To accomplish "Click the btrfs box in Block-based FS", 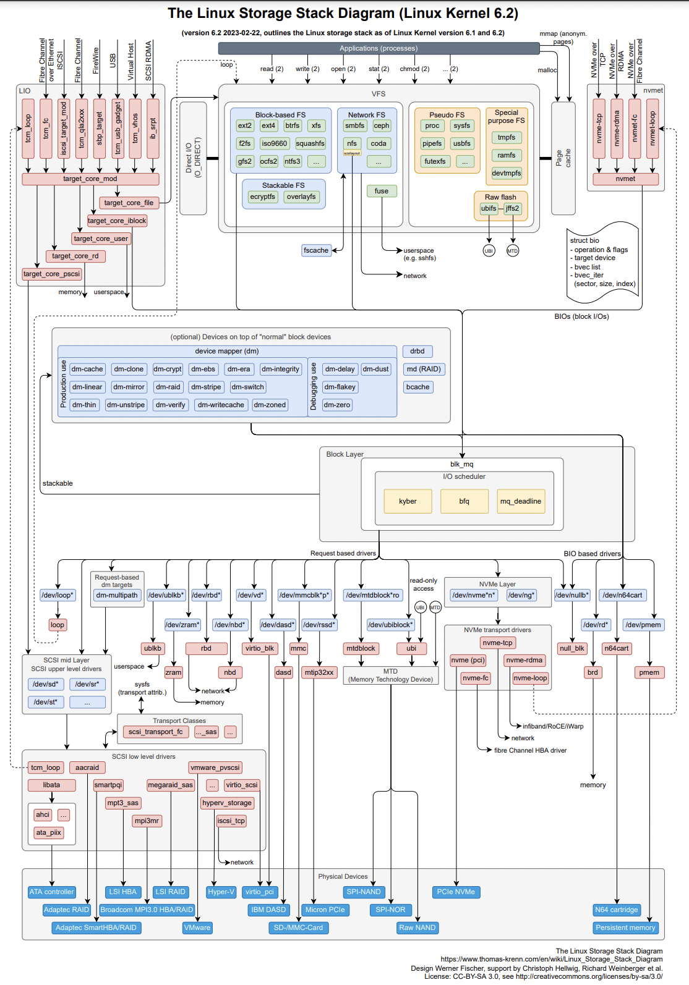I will tap(293, 125).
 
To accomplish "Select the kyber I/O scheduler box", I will tap(408, 501).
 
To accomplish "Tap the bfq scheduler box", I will tap(464, 501).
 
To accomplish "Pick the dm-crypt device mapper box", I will tap(168, 369).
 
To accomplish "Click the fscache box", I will tap(316, 250).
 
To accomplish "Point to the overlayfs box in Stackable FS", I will tap(301, 197).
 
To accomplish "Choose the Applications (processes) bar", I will tap(379, 48).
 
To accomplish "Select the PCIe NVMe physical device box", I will tap(456, 892).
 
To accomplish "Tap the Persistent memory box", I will tap(625, 928).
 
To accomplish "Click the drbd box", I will tap(417, 351).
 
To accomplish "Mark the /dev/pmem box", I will tap(643, 625).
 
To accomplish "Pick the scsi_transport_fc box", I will tap(155, 732).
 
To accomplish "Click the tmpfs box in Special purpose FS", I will tap(507, 137).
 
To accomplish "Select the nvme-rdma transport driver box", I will tap(524, 660).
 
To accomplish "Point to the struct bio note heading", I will tap(584, 240).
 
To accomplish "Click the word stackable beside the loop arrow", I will tap(58, 483).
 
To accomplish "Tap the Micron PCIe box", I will tap(325, 910).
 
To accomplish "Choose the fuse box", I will tap(382, 191).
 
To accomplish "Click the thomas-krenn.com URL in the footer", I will tap(551, 960).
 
